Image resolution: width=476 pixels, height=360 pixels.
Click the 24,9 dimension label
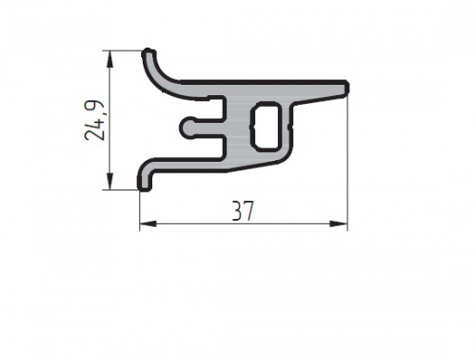pos(94,120)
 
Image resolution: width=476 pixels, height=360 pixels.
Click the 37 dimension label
pos(243,210)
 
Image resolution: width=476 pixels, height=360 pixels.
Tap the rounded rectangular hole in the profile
pos(267,127)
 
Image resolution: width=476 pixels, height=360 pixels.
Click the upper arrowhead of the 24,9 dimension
pos(109,59)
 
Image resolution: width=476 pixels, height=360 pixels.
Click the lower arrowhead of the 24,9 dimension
pos(109,181)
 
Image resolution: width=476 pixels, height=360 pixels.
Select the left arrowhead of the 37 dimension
pos(149,224)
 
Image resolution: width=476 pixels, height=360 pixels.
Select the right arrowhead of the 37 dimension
pos(339,224)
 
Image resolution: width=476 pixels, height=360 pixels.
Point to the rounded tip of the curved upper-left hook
pos(149,53)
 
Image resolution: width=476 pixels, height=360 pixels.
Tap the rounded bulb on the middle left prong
pos(188,128)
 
